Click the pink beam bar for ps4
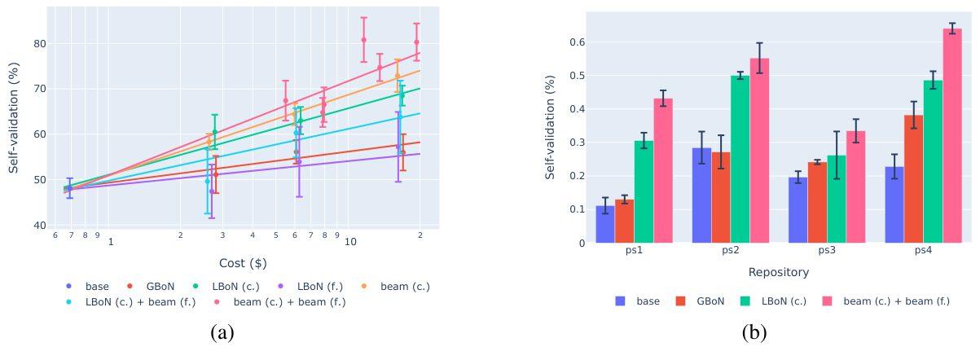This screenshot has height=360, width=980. (953, 136)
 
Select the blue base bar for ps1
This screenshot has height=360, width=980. (605, 225)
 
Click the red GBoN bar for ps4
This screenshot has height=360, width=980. (914, 179)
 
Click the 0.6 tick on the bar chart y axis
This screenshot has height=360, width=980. (578, 42)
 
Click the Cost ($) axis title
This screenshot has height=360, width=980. (243, 263)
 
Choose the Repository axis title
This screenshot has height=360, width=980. (778, 272)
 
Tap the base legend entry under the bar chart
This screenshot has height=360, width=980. (639, 301)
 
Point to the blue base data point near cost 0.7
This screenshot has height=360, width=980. (69, 188)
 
